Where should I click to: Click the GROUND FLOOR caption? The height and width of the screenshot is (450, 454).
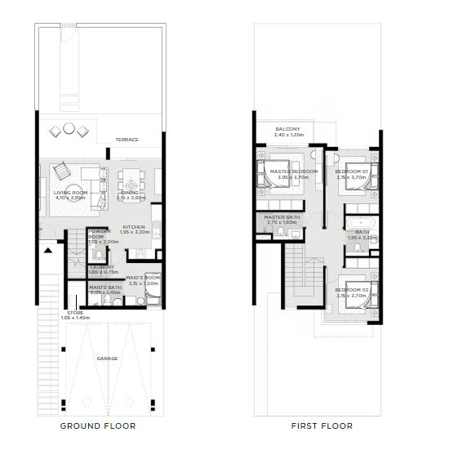tap(98, 425)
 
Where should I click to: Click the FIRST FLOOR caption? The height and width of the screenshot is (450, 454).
tap(322, 425)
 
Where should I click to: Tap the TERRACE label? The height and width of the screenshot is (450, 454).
tap(127, 140)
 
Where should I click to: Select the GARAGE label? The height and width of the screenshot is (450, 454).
tap(107, 359)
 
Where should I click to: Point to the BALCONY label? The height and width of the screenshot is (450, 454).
tap(287, 129)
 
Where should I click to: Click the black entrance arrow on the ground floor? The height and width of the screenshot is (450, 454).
tap(48, 250)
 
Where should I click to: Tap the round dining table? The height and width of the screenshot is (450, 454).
tap(131, 185)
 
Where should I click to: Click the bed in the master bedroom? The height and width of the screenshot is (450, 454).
tap(271, 173)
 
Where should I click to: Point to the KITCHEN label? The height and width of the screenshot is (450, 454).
tap(134, 226)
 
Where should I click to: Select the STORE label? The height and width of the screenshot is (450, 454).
tap(75, 312)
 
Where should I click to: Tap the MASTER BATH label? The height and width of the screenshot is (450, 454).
tap(282, 217)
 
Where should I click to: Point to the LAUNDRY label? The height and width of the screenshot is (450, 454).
tap(102, 266)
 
